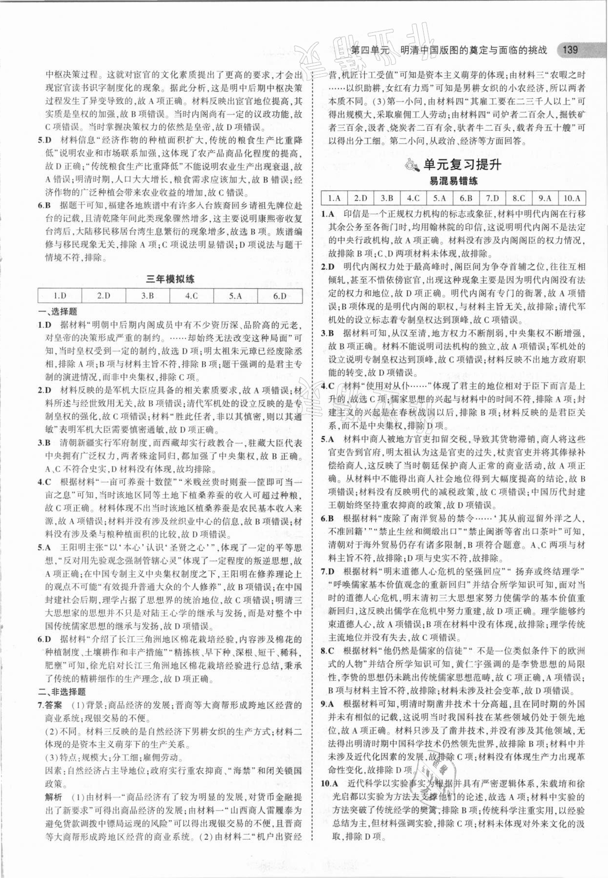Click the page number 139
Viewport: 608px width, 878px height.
(570, 50)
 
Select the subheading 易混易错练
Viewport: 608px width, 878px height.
(453, 181)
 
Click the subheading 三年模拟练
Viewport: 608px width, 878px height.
(170, 279)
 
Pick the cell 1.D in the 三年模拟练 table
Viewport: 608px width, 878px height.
(60, 296)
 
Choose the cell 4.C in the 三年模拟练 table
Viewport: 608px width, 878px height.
(192, 296)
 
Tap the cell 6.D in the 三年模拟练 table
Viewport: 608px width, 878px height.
(280, 296)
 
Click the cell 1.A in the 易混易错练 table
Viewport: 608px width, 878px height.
(334, 198)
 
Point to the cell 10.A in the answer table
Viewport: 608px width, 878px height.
(572, 198)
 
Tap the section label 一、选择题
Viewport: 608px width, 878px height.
(57, 312)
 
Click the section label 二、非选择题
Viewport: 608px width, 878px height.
(62, 692)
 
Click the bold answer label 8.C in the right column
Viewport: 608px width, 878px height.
(327, 651)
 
